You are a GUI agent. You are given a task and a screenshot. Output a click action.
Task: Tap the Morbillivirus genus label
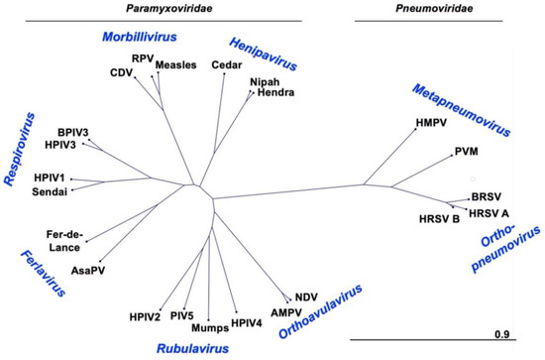click(x=145, y=37)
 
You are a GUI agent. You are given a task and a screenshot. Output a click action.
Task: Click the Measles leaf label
click(x=176, y=65)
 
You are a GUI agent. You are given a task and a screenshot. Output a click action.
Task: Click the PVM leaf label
click(x=467, y=153)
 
